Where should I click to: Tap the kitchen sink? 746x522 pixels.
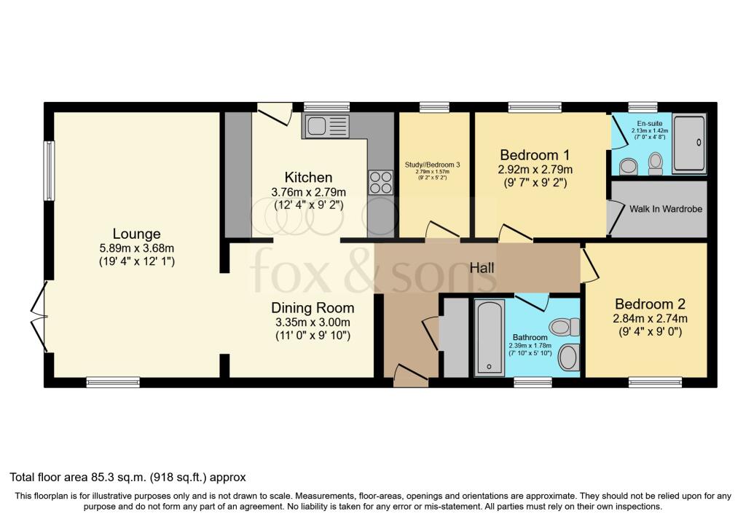coord(328,126)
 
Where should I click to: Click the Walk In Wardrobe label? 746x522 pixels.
coord(666,209)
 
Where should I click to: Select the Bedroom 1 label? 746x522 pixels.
coord(535,154)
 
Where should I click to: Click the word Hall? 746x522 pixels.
coord(482,268)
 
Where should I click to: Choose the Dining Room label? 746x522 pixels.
coord(313,307)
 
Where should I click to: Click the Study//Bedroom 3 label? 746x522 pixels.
coord(433,165)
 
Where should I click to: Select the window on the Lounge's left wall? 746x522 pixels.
coord(50,170)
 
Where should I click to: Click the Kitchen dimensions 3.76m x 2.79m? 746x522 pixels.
coord(308,192)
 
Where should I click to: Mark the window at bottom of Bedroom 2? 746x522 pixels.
coord(656,381)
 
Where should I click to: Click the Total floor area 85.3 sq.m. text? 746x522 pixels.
coord(127,478)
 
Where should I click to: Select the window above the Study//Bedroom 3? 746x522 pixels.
coord(434,106)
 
